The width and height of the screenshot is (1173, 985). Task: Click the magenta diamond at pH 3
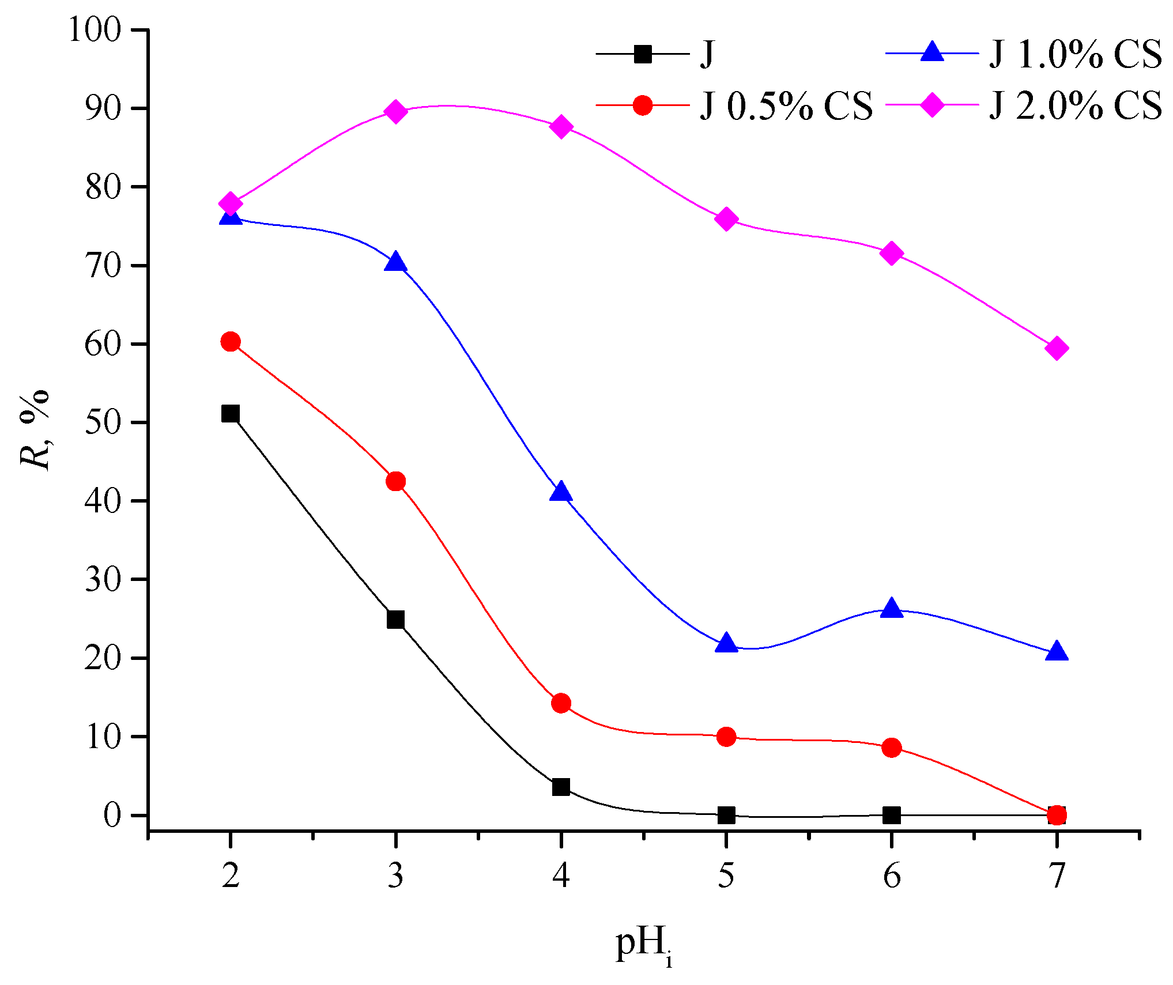tap(395, 111)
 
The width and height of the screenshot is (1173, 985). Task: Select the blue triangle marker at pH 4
tap(561, 492)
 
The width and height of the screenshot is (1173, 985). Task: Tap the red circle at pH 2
tap(231, 342)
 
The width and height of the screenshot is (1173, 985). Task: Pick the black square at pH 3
tap(395, 620)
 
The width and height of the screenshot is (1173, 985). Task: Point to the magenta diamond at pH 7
tap(1057, 348)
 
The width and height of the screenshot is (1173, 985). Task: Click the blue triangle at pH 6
tap(892, 608)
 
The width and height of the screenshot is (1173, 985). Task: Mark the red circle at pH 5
tap(726, 737)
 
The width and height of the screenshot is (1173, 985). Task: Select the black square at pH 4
tap(561, 787)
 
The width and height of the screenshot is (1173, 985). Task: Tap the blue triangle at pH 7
tap(1057, 651)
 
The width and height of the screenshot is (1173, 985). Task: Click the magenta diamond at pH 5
tap(726, 220)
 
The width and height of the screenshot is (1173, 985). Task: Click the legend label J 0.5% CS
tap(786, 106)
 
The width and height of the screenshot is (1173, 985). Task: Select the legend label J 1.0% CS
tap(1075, 55)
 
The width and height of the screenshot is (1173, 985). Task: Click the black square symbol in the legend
tap(642, 54)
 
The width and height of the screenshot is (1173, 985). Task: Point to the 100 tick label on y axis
tap(95, 29)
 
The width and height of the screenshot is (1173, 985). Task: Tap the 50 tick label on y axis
tap(103, 422)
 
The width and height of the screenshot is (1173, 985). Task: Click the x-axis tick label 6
tap(892, 876)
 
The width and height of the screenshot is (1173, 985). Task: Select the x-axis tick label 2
tap(231, 876)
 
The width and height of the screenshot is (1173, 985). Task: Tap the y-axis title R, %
tap(35, 429)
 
